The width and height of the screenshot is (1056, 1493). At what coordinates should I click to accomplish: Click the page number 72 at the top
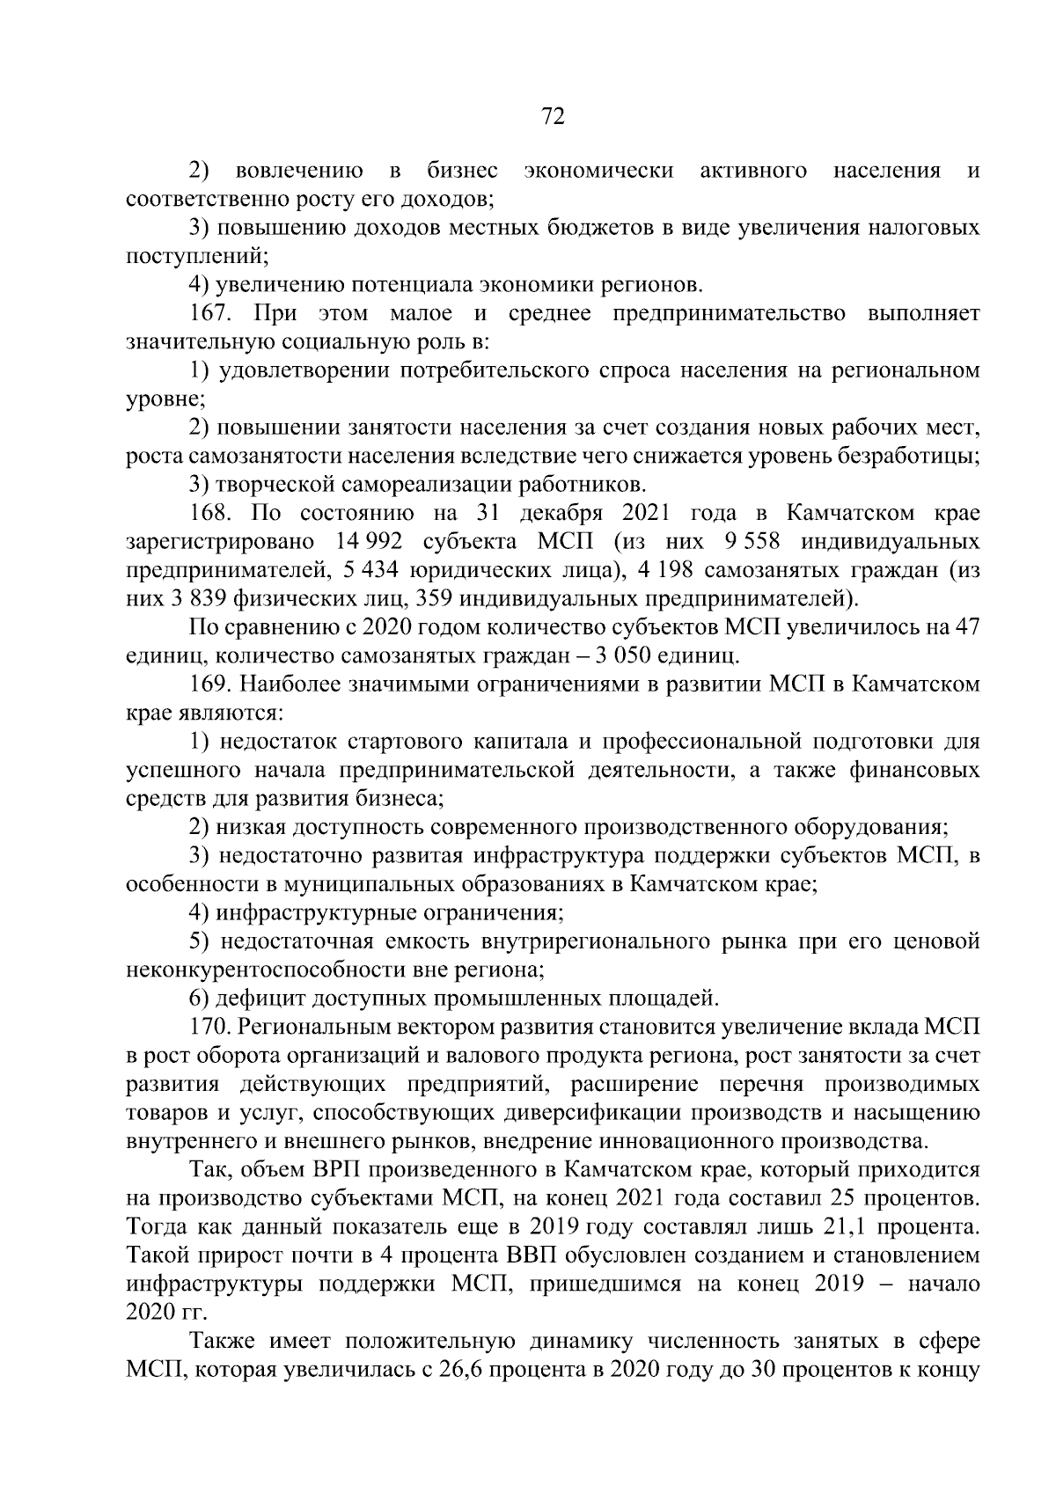(552, 117)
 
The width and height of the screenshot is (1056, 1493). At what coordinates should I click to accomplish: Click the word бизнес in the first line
(463, 171)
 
